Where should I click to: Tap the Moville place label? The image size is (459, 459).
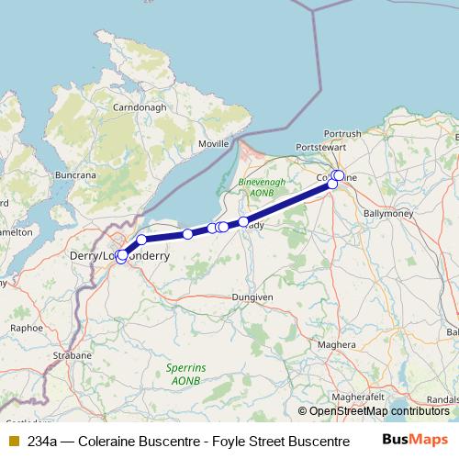point(215,145)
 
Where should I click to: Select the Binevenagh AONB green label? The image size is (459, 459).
point(254,187)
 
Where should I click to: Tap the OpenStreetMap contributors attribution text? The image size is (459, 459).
point(378,411)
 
